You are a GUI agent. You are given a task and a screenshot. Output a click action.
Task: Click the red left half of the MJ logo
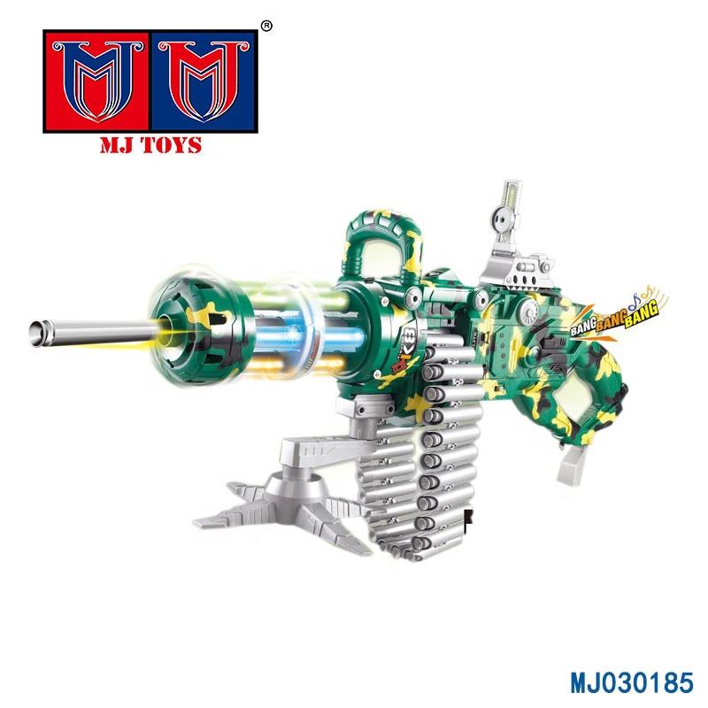tap(96, 81)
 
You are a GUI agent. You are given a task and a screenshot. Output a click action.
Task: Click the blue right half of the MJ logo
tap(204, 81)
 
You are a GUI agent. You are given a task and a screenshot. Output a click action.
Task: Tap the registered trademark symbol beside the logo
tap(267, 27)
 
